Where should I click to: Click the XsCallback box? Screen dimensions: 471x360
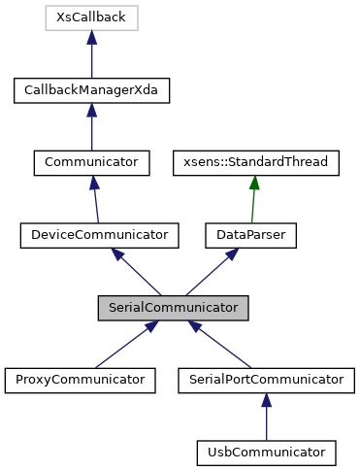pos(91,17)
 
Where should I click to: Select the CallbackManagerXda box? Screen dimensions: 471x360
pos(91,90)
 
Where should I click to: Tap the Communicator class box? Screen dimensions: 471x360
pos(91,162)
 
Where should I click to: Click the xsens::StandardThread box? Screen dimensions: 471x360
pos(255,162)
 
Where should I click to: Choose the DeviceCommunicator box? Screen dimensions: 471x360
pos(100,234)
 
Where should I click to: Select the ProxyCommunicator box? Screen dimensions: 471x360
pos(81,379)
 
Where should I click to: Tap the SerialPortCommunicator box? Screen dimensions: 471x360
pos(266,379)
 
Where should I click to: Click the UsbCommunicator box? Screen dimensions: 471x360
pos(266,452)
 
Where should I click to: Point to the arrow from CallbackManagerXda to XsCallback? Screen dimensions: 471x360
pos(91,56)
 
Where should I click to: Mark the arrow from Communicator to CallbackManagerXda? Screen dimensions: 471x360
pos(91,128)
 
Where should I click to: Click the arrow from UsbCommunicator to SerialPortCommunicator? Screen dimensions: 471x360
pos(266,418)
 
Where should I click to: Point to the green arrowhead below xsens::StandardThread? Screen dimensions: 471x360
pos(253,183)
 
